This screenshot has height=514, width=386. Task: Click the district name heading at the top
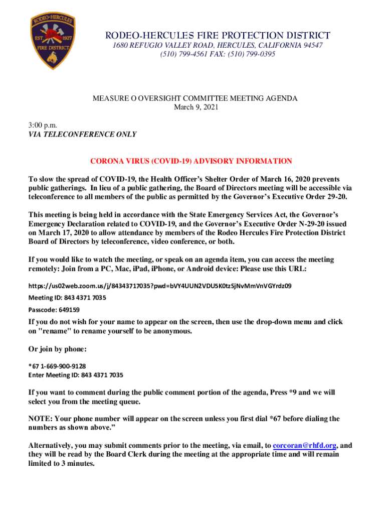click(218, 36)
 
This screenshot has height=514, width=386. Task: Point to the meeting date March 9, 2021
click(196, 107)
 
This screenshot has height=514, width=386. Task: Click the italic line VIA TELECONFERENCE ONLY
click(82, 134)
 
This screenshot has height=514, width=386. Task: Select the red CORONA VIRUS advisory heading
click(190, 161)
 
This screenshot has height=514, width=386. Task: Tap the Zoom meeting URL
click(160, 286)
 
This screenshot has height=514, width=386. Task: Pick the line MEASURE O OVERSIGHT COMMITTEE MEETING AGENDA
click(195, 98)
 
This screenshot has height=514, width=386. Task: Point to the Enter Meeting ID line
click(76, 375)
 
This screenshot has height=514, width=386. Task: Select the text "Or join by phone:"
click(58, 349)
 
